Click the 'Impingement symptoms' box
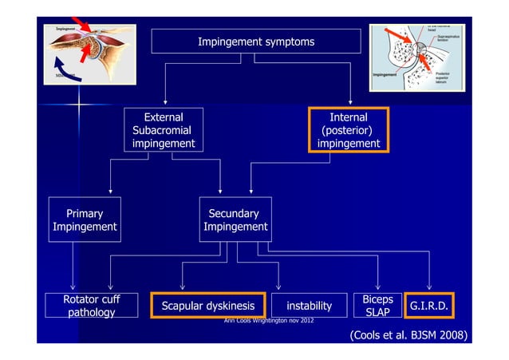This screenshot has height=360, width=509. (x=255, y=42)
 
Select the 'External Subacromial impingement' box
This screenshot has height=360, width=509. (x=164, y=130)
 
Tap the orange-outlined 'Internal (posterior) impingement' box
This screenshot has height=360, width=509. (x=349, y=130)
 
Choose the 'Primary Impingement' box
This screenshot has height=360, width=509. (x=84, y=220)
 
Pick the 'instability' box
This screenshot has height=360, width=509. (x=309, y=306)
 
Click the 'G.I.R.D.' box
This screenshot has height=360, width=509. (x=428, y=306)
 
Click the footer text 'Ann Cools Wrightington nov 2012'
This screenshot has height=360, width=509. (x=270, y=321)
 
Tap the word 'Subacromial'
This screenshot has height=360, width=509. (x=162, y=130)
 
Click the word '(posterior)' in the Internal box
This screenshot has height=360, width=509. (x=349, y=130)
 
